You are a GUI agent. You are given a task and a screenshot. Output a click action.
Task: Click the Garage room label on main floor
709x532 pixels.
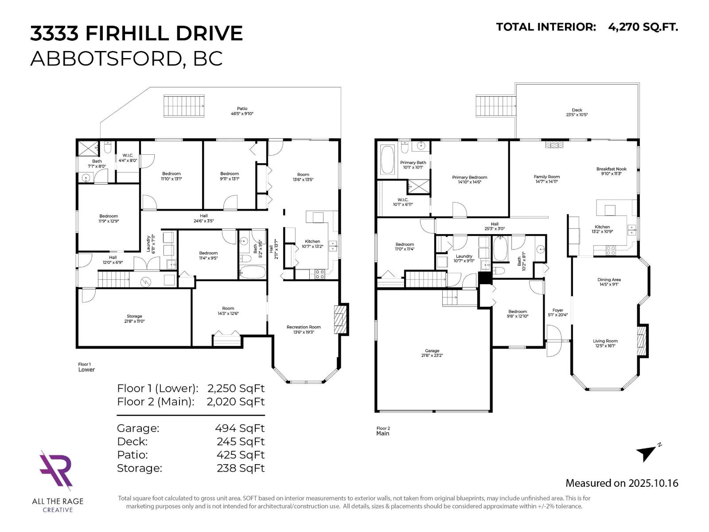432,351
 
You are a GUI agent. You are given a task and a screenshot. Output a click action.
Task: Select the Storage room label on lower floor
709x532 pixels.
134,316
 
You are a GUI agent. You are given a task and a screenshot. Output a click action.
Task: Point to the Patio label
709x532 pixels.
242,109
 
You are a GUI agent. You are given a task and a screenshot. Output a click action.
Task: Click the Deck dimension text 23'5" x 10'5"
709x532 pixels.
577,115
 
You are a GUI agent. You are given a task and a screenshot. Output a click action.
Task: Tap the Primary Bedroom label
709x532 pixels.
469,177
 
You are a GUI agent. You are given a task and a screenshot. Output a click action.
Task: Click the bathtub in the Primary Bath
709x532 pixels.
387,160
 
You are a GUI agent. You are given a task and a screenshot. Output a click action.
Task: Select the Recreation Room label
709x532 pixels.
304,327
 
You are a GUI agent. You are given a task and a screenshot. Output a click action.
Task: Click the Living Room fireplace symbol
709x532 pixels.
641,340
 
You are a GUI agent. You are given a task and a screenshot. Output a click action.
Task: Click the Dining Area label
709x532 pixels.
609,280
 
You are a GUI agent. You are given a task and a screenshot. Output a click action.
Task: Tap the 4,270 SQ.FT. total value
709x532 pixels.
643,27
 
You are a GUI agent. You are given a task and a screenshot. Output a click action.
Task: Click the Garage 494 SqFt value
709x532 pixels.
240,428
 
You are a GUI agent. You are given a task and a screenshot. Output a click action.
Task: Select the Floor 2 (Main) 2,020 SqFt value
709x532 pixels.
236,402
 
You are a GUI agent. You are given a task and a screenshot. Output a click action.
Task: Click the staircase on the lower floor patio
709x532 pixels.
184,106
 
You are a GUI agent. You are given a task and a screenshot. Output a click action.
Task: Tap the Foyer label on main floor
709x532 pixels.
557,310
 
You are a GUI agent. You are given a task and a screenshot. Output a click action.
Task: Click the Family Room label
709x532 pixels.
546,176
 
